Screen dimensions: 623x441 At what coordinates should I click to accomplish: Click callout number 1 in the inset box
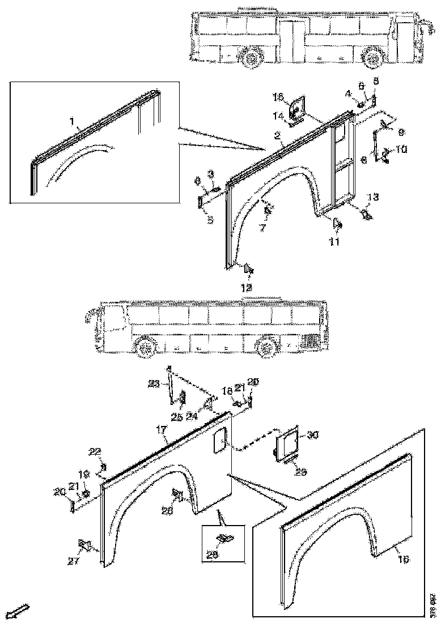pos(72,121)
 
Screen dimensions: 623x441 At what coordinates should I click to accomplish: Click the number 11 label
pos(335,242)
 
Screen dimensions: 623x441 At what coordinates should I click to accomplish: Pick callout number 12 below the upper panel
pos(247,288)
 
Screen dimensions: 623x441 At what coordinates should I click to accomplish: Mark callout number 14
pos(279,116)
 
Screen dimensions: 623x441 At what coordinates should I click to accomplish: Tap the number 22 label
pos(95,451)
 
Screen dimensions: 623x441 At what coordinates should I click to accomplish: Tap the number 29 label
pos(302,471)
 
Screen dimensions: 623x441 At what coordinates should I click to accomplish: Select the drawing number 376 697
pos(432,604)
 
